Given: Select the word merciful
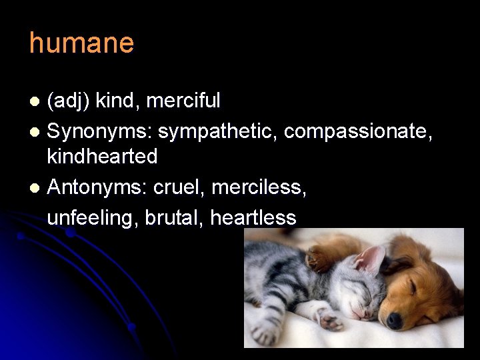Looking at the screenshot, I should click(x=183, y=101).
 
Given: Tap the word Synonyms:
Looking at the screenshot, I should click(x=99, y=132).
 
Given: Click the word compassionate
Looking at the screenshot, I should click(x=358, y=132).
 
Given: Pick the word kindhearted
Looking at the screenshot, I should click(x=102, y=157).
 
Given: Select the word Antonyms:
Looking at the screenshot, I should click(x=98, y=188).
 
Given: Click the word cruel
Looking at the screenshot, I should click(x=179, y=188).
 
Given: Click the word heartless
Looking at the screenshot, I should click(x=253, y=217).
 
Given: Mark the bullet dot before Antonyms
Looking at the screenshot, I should click(x=36, y=189).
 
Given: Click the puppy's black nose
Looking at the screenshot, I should click(x=395, y=321).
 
